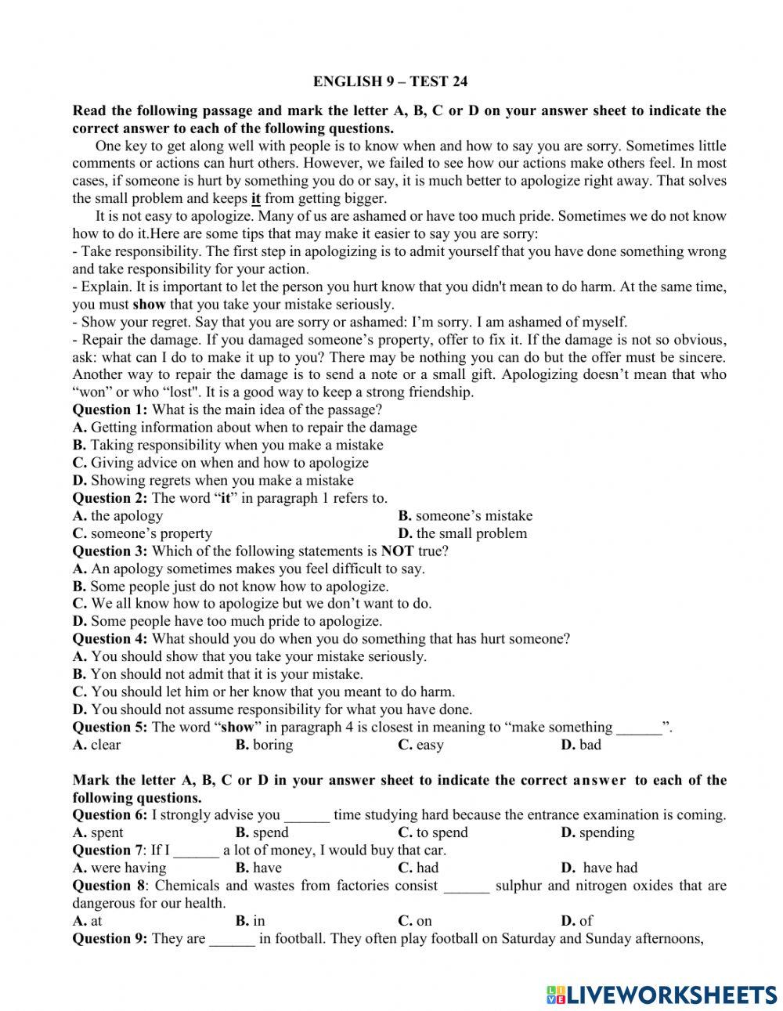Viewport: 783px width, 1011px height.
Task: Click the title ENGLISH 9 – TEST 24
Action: point(390,81)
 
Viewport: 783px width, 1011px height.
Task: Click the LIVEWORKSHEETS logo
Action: point(662,994)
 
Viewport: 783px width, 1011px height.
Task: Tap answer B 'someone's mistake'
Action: point(465,515)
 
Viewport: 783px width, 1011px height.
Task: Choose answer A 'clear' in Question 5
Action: point(97,745)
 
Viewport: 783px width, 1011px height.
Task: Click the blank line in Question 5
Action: point(639,728)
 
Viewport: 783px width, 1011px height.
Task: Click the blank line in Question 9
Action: point(232,939)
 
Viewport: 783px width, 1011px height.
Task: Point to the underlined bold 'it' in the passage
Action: point(256,199)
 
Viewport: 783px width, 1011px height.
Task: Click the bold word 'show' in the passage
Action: point(149,305)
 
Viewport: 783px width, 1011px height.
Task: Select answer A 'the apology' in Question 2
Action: point(118,515)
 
